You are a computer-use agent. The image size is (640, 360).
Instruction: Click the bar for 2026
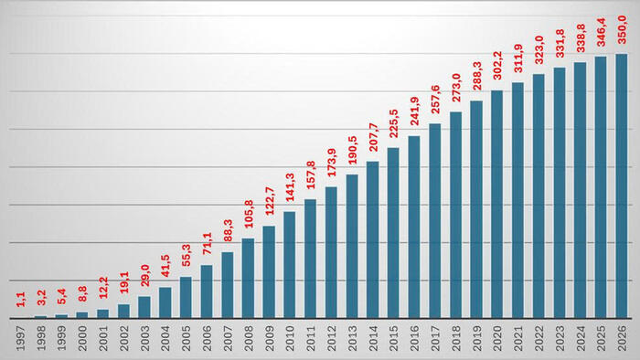(x=622, y=185)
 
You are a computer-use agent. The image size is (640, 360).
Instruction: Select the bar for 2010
(x=290, y=265)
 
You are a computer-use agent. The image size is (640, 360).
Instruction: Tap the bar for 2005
(x=186, y=297)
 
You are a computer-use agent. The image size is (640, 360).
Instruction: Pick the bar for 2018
(x=456, y=215)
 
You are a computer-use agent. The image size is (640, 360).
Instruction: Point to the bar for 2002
(x=123, y=311)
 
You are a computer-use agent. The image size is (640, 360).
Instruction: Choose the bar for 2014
(x=373, y=239)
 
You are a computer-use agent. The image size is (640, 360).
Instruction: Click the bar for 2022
(x=539, y=196)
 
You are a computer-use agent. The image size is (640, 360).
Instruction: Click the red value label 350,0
(x=622, y=29)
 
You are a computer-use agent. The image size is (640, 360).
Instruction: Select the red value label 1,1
(x=21, y=300)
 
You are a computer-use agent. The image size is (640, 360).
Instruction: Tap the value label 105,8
(x=249, y=214)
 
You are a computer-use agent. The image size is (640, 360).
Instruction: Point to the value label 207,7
(x=373, y=137)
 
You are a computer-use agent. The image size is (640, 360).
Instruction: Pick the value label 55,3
(x=187, y=255)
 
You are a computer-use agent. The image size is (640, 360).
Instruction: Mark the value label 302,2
(x=497, y=65)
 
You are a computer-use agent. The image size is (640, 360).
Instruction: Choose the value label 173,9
(x=332, y=163)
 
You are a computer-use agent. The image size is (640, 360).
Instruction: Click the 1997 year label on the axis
(x=21, y=338)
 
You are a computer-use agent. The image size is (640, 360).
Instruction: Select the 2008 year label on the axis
(x=249, y=338)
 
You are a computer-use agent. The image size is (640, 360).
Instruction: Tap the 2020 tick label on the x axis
(x=497, y=338)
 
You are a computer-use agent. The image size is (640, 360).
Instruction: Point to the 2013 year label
(x=352, y=338)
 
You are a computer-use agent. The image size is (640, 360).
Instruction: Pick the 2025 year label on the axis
(x=602, y=338)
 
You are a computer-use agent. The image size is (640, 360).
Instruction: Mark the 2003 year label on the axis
(x=144, y=338)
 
